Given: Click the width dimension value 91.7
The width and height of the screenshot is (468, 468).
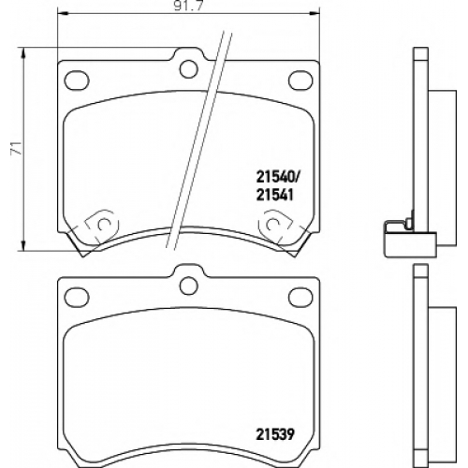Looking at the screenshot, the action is point(188,7).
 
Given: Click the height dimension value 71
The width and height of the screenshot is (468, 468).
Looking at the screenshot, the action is point(16,148).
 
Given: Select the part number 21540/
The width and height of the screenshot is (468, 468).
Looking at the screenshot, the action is point(278,178).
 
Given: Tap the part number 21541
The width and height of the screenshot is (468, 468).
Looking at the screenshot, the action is point(275,196).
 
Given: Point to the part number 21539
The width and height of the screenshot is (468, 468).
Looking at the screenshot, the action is point(275,434).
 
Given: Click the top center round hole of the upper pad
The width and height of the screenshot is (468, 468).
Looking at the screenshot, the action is point(189,69).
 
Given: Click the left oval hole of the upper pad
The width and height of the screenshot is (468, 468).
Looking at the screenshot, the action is point(77,80).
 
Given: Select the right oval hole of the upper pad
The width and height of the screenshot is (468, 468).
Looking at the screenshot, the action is point(300,80).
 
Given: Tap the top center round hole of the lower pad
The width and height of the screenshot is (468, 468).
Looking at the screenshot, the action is point(189,285).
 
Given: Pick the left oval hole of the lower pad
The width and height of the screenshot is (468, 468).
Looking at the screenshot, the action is point(77,297).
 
